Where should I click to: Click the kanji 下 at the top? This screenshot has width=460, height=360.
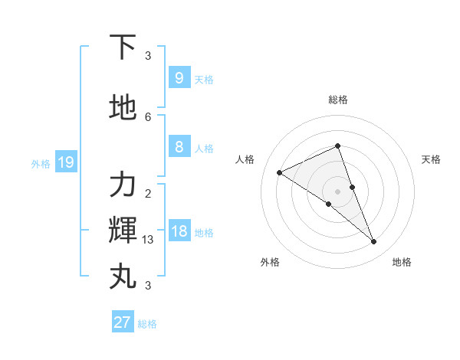(x=123, y=47)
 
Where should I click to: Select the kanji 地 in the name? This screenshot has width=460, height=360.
(x=123, y=108)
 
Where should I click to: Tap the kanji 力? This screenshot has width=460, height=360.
(x=123, y=185)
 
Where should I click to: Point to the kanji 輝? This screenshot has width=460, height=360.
(x=123, y=231)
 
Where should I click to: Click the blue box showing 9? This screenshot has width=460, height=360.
(x=179, y=77)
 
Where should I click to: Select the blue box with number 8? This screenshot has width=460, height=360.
(x=179, y=147)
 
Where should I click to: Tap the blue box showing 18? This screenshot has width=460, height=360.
(x=179, y=231)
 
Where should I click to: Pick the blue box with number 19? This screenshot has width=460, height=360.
(x=65, y=162)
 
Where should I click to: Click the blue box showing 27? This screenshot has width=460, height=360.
(x=122, y=322)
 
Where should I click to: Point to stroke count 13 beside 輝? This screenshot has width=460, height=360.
(x=148, y=240)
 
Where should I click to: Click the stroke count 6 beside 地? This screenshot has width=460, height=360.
(x=148, y=116)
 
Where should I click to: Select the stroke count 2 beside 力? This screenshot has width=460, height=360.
(x=148, y=193)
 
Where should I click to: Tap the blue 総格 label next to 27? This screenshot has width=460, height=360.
(x=147, y=324)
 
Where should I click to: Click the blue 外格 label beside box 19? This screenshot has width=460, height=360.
(x=41, y=163)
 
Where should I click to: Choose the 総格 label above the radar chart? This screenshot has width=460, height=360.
(x=338, y=100)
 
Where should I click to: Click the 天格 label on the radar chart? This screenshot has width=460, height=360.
(x=431, y=159)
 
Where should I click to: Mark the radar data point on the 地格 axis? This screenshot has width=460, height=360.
(x=374, y=242)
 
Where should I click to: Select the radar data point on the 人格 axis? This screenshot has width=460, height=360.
(x=280, y=172)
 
